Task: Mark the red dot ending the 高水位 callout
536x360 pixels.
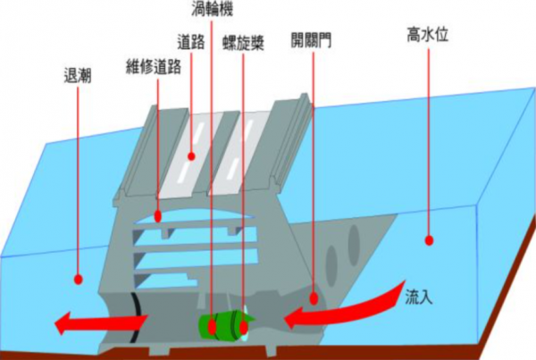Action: [428, 239]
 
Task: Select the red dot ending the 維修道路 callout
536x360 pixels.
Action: [157, 215]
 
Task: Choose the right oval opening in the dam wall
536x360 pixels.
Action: [355, 242]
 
